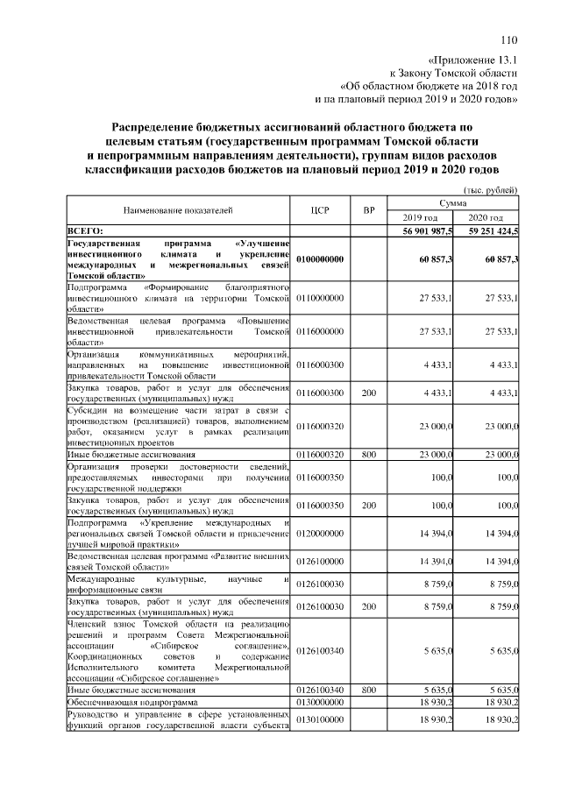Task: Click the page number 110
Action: point(510,39)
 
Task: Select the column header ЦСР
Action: point(320,210)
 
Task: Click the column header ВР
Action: point(369,210)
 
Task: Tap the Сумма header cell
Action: point(453,202)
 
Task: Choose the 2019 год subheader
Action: point(420,217)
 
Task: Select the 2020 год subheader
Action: point(486,217)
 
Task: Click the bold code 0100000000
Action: point(320,259)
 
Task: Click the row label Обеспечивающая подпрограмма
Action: point(132,703)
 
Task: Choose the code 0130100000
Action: point(320,720)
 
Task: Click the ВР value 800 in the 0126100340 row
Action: point(369,690)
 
